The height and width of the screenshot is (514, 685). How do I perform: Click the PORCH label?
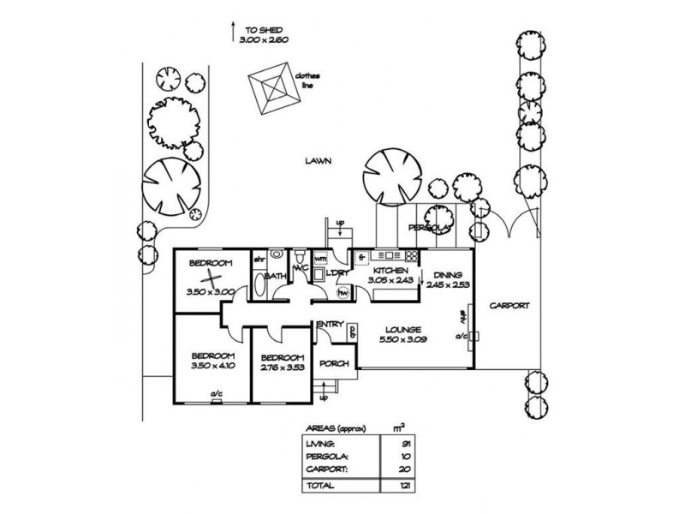tap(333, 363)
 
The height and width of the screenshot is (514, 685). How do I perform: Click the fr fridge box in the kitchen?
tap(361, 255)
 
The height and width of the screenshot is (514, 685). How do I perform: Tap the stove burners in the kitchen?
tap(411, 255)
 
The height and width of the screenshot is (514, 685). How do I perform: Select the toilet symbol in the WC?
tap(300, 258)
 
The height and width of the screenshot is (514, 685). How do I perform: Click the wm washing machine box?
tap(321, 257)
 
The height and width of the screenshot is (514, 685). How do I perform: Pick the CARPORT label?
tap(509, 306)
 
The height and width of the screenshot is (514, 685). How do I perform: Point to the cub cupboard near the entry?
tap(352, 336)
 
